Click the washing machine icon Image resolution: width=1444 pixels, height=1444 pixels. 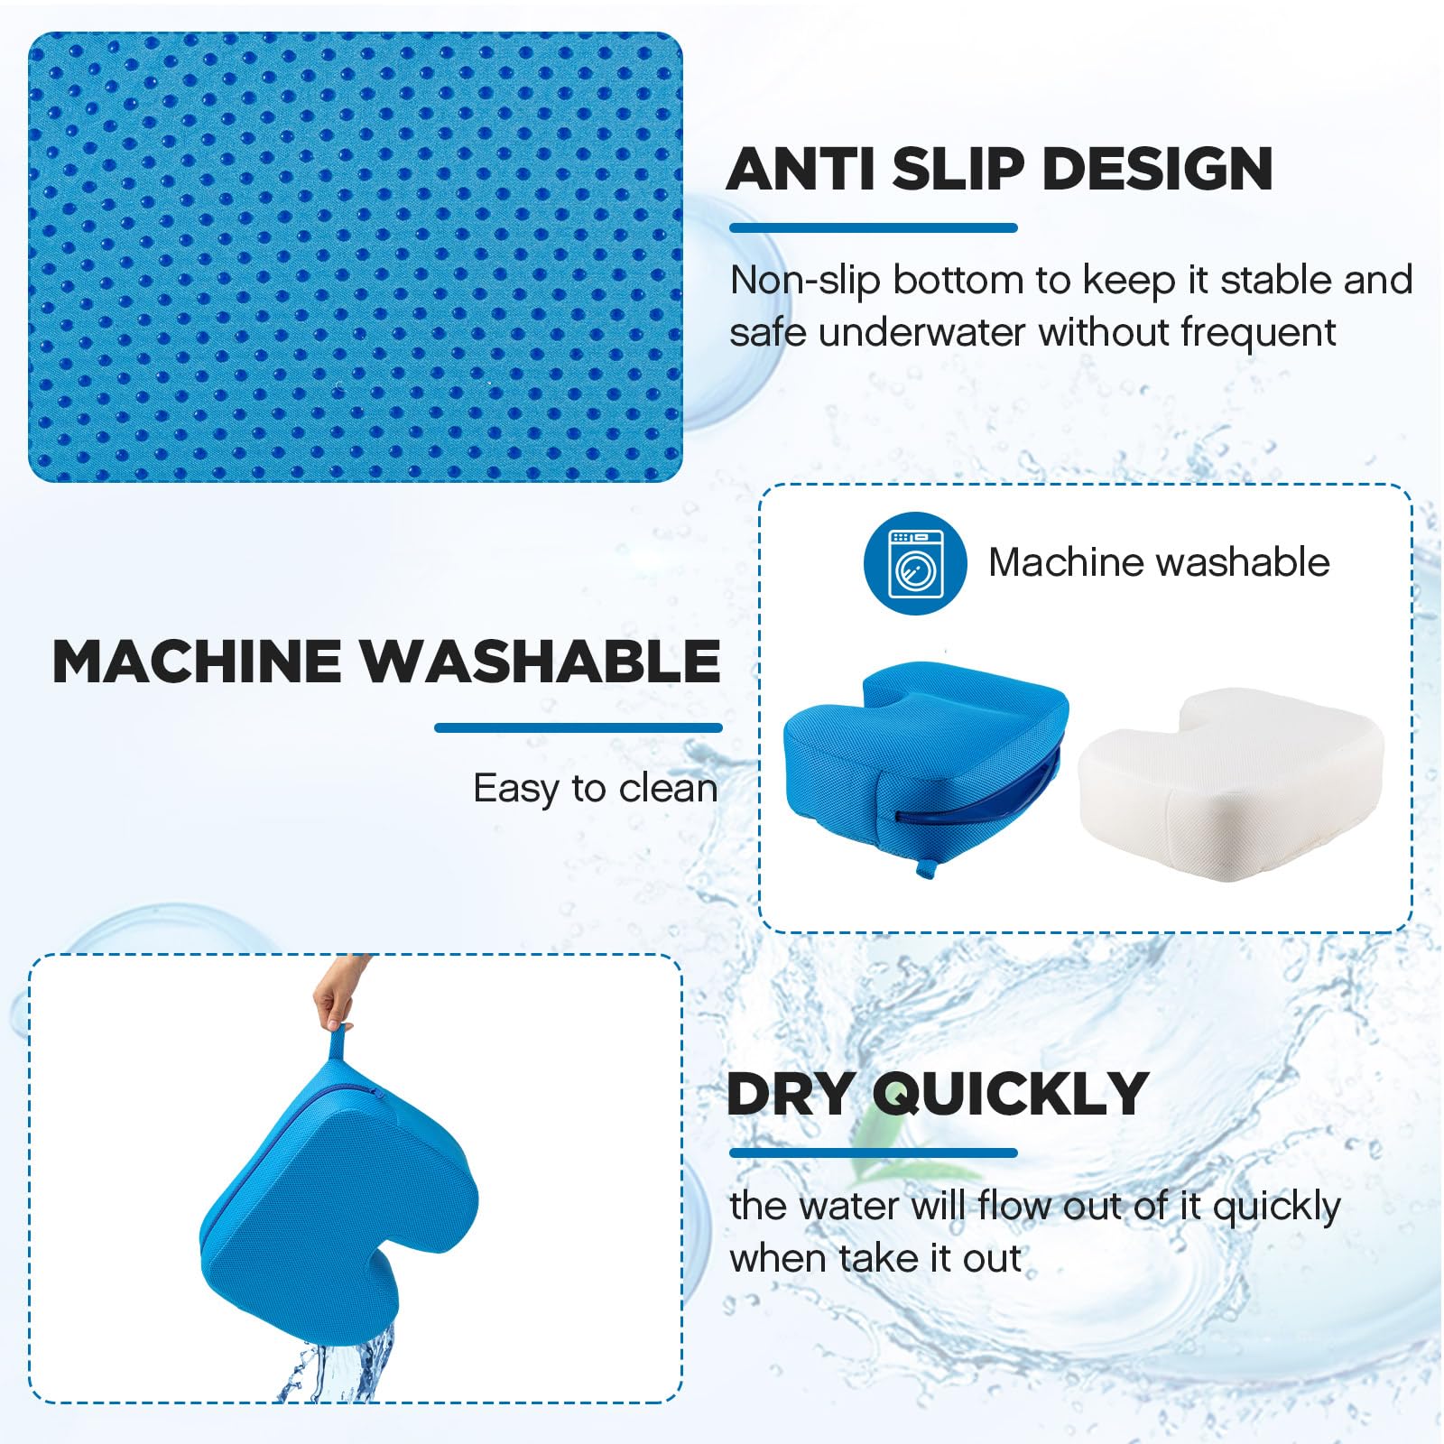[915, 563]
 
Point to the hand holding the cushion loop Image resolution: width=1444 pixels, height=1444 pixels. [336, 993]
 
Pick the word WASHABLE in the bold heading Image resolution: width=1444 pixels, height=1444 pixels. [541, 662]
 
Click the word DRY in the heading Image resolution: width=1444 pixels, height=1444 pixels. [791, 1094]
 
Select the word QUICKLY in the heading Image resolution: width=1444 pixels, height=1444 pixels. [1011, 1094]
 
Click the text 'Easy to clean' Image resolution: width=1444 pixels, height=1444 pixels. [596, 789]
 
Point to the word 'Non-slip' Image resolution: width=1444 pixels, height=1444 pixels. [805, 281]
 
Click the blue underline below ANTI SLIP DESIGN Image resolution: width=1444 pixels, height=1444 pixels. [873, 228]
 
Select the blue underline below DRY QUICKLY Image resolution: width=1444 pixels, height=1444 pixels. [873, 1152]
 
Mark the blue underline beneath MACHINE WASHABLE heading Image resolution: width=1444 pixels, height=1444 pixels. [578, 727]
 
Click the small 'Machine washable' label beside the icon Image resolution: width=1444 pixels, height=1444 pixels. [1159, 562]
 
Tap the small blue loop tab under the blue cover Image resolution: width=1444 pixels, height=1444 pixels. [925, 868]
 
